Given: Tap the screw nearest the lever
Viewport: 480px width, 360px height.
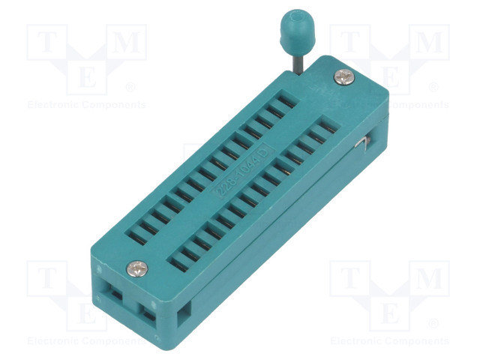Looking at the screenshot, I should (x=343, y=76).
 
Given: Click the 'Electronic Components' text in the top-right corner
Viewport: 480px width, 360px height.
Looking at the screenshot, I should (x=390, y=105).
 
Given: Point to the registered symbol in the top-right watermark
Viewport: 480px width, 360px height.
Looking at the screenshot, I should (x=433, y=87).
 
